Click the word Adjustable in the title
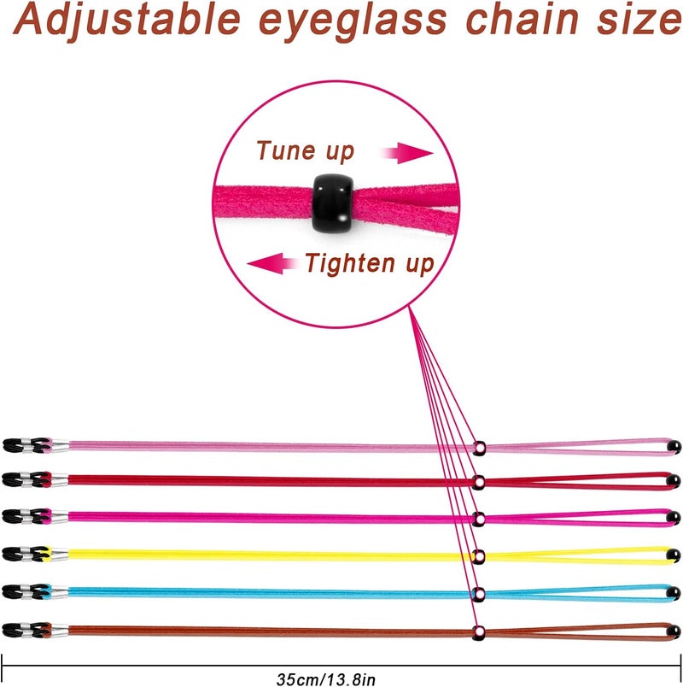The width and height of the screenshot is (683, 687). pyautogui.click(x=127, y=21)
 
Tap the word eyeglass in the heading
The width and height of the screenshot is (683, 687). pyautogui.click(x=353, y=22)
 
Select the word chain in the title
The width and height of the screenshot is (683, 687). pyautogui.click(x=522, y=20)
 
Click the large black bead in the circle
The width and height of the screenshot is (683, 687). pyautogui.click(x=333, y=203)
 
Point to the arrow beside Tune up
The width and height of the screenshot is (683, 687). pyautogui.click(x=408, y=153)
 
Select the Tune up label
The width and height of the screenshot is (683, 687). pyautogui.click(x=305, y=151)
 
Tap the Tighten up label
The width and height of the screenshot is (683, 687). pyautogui.click(x=370, y=264)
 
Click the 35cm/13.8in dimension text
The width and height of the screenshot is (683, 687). pyautogui.click(x=326, y=679)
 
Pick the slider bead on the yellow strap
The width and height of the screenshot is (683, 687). pyautogui.click(x=479, y=557)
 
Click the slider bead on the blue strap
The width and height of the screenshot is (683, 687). pyautogui.click(x=479, y=595)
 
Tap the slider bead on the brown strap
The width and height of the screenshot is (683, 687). pyautogui.click(x=479, y=632)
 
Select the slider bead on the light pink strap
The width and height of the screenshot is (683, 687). pyautogui.click(x=479, y=448)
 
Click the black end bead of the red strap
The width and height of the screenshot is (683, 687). pyautogui.click(x=674, y=482)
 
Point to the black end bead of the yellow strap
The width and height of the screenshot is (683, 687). pyautogui.click(x=674, y=556)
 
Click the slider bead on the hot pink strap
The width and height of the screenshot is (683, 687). pyautogui.click(x=479, y=520)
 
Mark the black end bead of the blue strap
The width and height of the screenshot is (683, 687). pyautogui.click(x=674, y=594)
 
